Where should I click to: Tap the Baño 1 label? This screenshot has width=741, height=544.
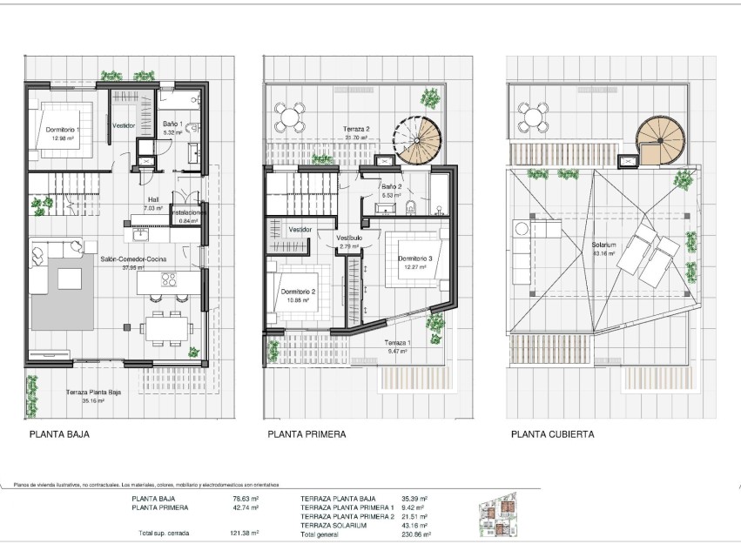(x=172, y=125)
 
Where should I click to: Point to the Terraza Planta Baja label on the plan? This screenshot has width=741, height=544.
(x=96, y=392)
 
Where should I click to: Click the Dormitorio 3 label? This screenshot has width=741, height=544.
(x=414, y=258)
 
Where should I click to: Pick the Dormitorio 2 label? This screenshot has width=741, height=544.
(x=298, y=292)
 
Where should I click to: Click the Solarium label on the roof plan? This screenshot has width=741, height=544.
(x=603, y=245)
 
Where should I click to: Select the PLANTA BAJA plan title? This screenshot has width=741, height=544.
(x=59, y=433)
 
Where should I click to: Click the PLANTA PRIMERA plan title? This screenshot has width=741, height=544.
(x=307, y=433)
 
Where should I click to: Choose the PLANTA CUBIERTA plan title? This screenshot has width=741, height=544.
(x=553, y=433)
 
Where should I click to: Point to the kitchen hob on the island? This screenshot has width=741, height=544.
(x=169, y=280)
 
